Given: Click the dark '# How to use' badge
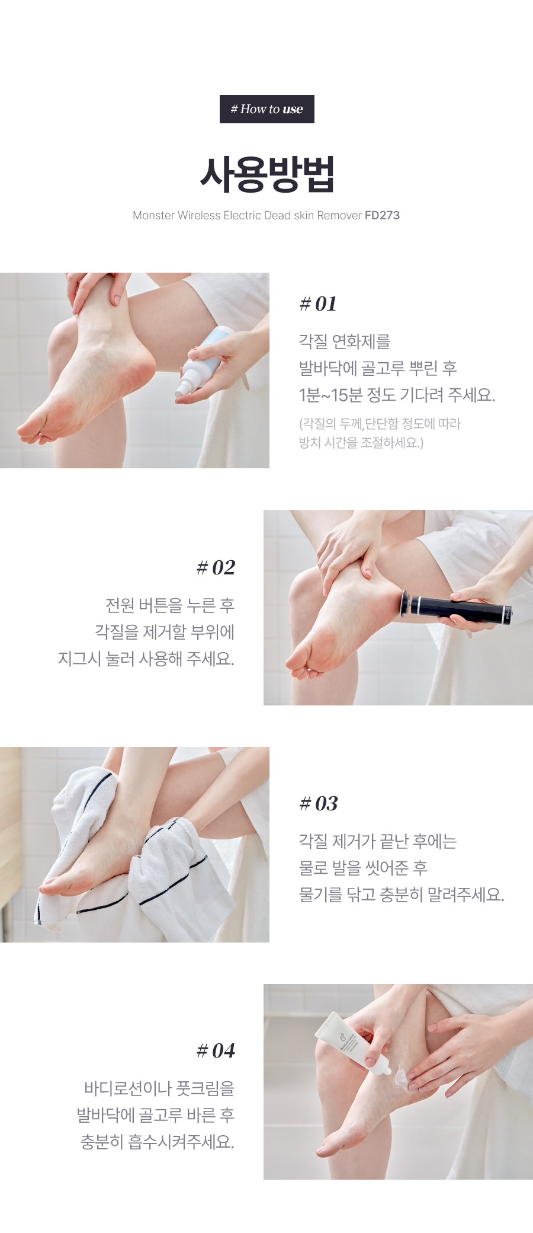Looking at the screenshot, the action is coord(266,109).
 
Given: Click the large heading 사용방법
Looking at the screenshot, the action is coord(267,174).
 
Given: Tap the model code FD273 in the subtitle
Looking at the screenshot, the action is coord(382,215).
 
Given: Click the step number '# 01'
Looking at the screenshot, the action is coord(318,304).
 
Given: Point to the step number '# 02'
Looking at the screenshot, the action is coord(216,568).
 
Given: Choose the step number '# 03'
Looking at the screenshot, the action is coord(319,804).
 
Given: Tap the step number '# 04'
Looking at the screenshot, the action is coord(216,1051).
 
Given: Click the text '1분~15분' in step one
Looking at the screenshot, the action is coord(330,395).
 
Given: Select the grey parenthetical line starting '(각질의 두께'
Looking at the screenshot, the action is coord(380,424).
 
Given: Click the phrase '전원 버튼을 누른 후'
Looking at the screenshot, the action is coord(170,605).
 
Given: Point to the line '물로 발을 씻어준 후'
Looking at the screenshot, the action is coord(363,868).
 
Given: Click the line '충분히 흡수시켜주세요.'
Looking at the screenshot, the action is coord(158,1142).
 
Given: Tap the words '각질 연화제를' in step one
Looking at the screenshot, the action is coord(345,341).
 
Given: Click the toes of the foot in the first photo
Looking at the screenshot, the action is coord(36,431).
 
